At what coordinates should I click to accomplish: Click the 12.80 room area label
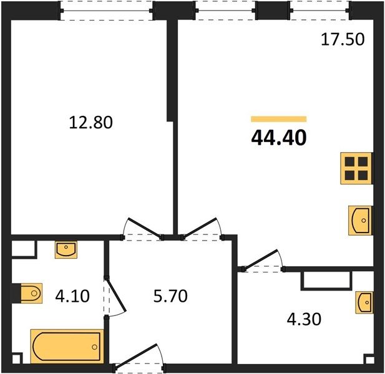tap(91, 123)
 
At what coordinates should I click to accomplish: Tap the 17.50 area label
tap(343, 39)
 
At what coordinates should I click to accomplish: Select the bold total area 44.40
tap(279, 138)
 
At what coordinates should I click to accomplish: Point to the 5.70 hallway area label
tap(170, 295)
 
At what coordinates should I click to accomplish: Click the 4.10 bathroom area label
tap(72, 295)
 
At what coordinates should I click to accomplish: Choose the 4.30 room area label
tap(304, 319)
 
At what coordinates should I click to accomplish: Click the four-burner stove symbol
tap(356, 168)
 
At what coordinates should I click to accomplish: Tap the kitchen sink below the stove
tap(360, 220)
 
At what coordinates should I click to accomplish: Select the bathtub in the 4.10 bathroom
tap(67, 347)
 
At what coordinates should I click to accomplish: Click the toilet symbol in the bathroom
tap(31, 293)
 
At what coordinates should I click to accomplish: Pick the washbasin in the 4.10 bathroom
tap(66, 250)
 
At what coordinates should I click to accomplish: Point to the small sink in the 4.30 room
tap(364, 302)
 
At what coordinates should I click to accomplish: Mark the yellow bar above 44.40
tap(279, 119)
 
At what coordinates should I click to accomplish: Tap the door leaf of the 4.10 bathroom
tap(115, 294)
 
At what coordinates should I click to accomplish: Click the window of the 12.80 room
tap(107, 11)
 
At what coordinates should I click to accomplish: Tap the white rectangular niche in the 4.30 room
tap(326, 280)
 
